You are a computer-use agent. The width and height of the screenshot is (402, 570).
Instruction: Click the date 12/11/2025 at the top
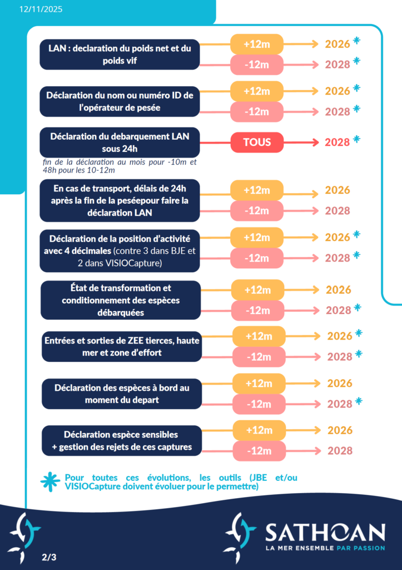click(41, 9)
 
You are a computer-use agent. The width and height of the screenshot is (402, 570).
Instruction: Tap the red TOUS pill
click(257, 142)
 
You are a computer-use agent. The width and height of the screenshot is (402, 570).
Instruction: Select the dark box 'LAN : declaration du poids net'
click(120, 55)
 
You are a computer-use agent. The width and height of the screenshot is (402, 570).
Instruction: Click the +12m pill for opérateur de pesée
click(257, 91)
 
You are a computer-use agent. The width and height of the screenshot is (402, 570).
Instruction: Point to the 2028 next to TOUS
click(337, 142)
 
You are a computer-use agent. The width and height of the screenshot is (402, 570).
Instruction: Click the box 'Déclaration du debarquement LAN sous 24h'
click(120, 142)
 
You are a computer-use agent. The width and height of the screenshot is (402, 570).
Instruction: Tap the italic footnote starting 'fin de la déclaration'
click(120, 166)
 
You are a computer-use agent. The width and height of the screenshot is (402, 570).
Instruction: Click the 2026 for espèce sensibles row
click(340, 430)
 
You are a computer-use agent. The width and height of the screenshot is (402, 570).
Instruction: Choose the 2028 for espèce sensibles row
click(338, 450)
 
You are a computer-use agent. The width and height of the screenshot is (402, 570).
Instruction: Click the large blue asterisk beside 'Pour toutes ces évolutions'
click(50, 482)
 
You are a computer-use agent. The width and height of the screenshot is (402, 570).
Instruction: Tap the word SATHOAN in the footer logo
click(325, 533)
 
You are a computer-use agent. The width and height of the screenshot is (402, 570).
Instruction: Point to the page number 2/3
click(49, 556)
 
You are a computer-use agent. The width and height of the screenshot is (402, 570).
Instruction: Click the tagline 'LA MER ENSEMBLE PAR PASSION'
click(325, 548)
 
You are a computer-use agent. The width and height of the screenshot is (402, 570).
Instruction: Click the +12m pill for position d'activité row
click(257, 237)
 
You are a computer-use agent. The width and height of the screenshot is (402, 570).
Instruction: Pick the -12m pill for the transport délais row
click(257, 210)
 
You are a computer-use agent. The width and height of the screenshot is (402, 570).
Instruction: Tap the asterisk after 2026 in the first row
click(356, 41)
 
